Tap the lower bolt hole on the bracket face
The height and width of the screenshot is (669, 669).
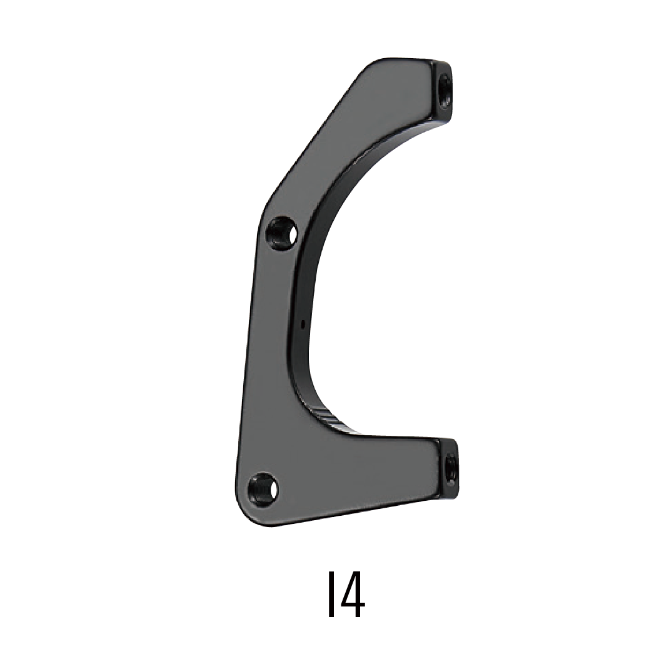click(x=263, y=486)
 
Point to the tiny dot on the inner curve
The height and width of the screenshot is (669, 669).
click(x=303, y=324)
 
